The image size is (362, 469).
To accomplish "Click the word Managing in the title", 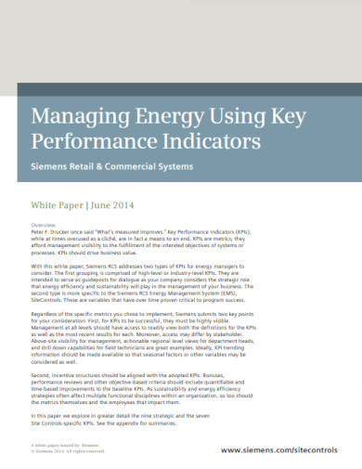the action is [x=77, y=117].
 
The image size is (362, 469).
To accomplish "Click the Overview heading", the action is [x=44, y=226].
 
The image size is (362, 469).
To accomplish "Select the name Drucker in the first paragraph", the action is [x=63, y=232].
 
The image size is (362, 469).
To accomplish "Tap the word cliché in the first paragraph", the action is [x=106, y=239].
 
